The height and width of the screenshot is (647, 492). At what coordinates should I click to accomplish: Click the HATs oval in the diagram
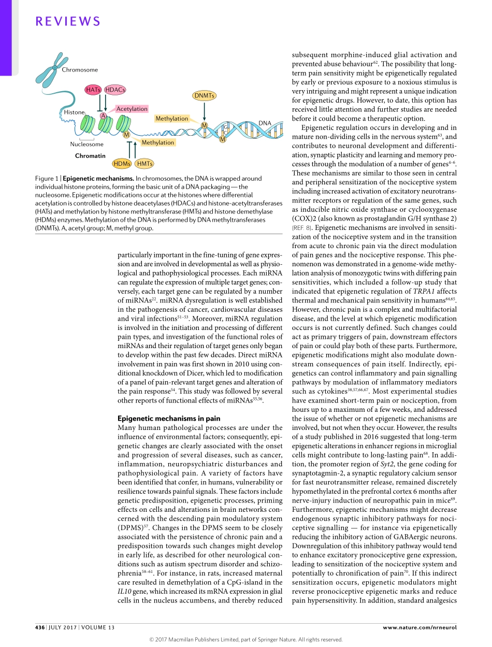[x=94, y=90]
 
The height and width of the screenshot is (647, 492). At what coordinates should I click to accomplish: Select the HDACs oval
[x=115, y=90]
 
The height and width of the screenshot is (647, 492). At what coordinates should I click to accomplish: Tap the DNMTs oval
[x=205, y=95]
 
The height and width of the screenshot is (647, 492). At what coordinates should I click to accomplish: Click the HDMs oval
[x=122, y=164]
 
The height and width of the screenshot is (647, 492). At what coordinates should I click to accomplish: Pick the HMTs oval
[x=144, y=164]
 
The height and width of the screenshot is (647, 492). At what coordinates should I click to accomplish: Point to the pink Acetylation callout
[x=132, y=109]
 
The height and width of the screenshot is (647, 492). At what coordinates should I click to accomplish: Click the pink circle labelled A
[x=103, y=116]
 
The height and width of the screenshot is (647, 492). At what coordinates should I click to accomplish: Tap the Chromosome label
[x=80, y=70]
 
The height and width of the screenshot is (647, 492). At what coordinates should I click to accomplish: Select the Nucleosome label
[x=86, y=145]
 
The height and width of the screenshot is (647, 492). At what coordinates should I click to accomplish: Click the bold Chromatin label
[x=90, y=155]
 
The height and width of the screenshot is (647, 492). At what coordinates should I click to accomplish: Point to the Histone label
[x=74, y=112]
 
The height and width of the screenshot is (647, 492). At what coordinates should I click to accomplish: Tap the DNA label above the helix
[x=265, y=123]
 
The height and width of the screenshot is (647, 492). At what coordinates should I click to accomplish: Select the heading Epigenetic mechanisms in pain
[x=169, y=419]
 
